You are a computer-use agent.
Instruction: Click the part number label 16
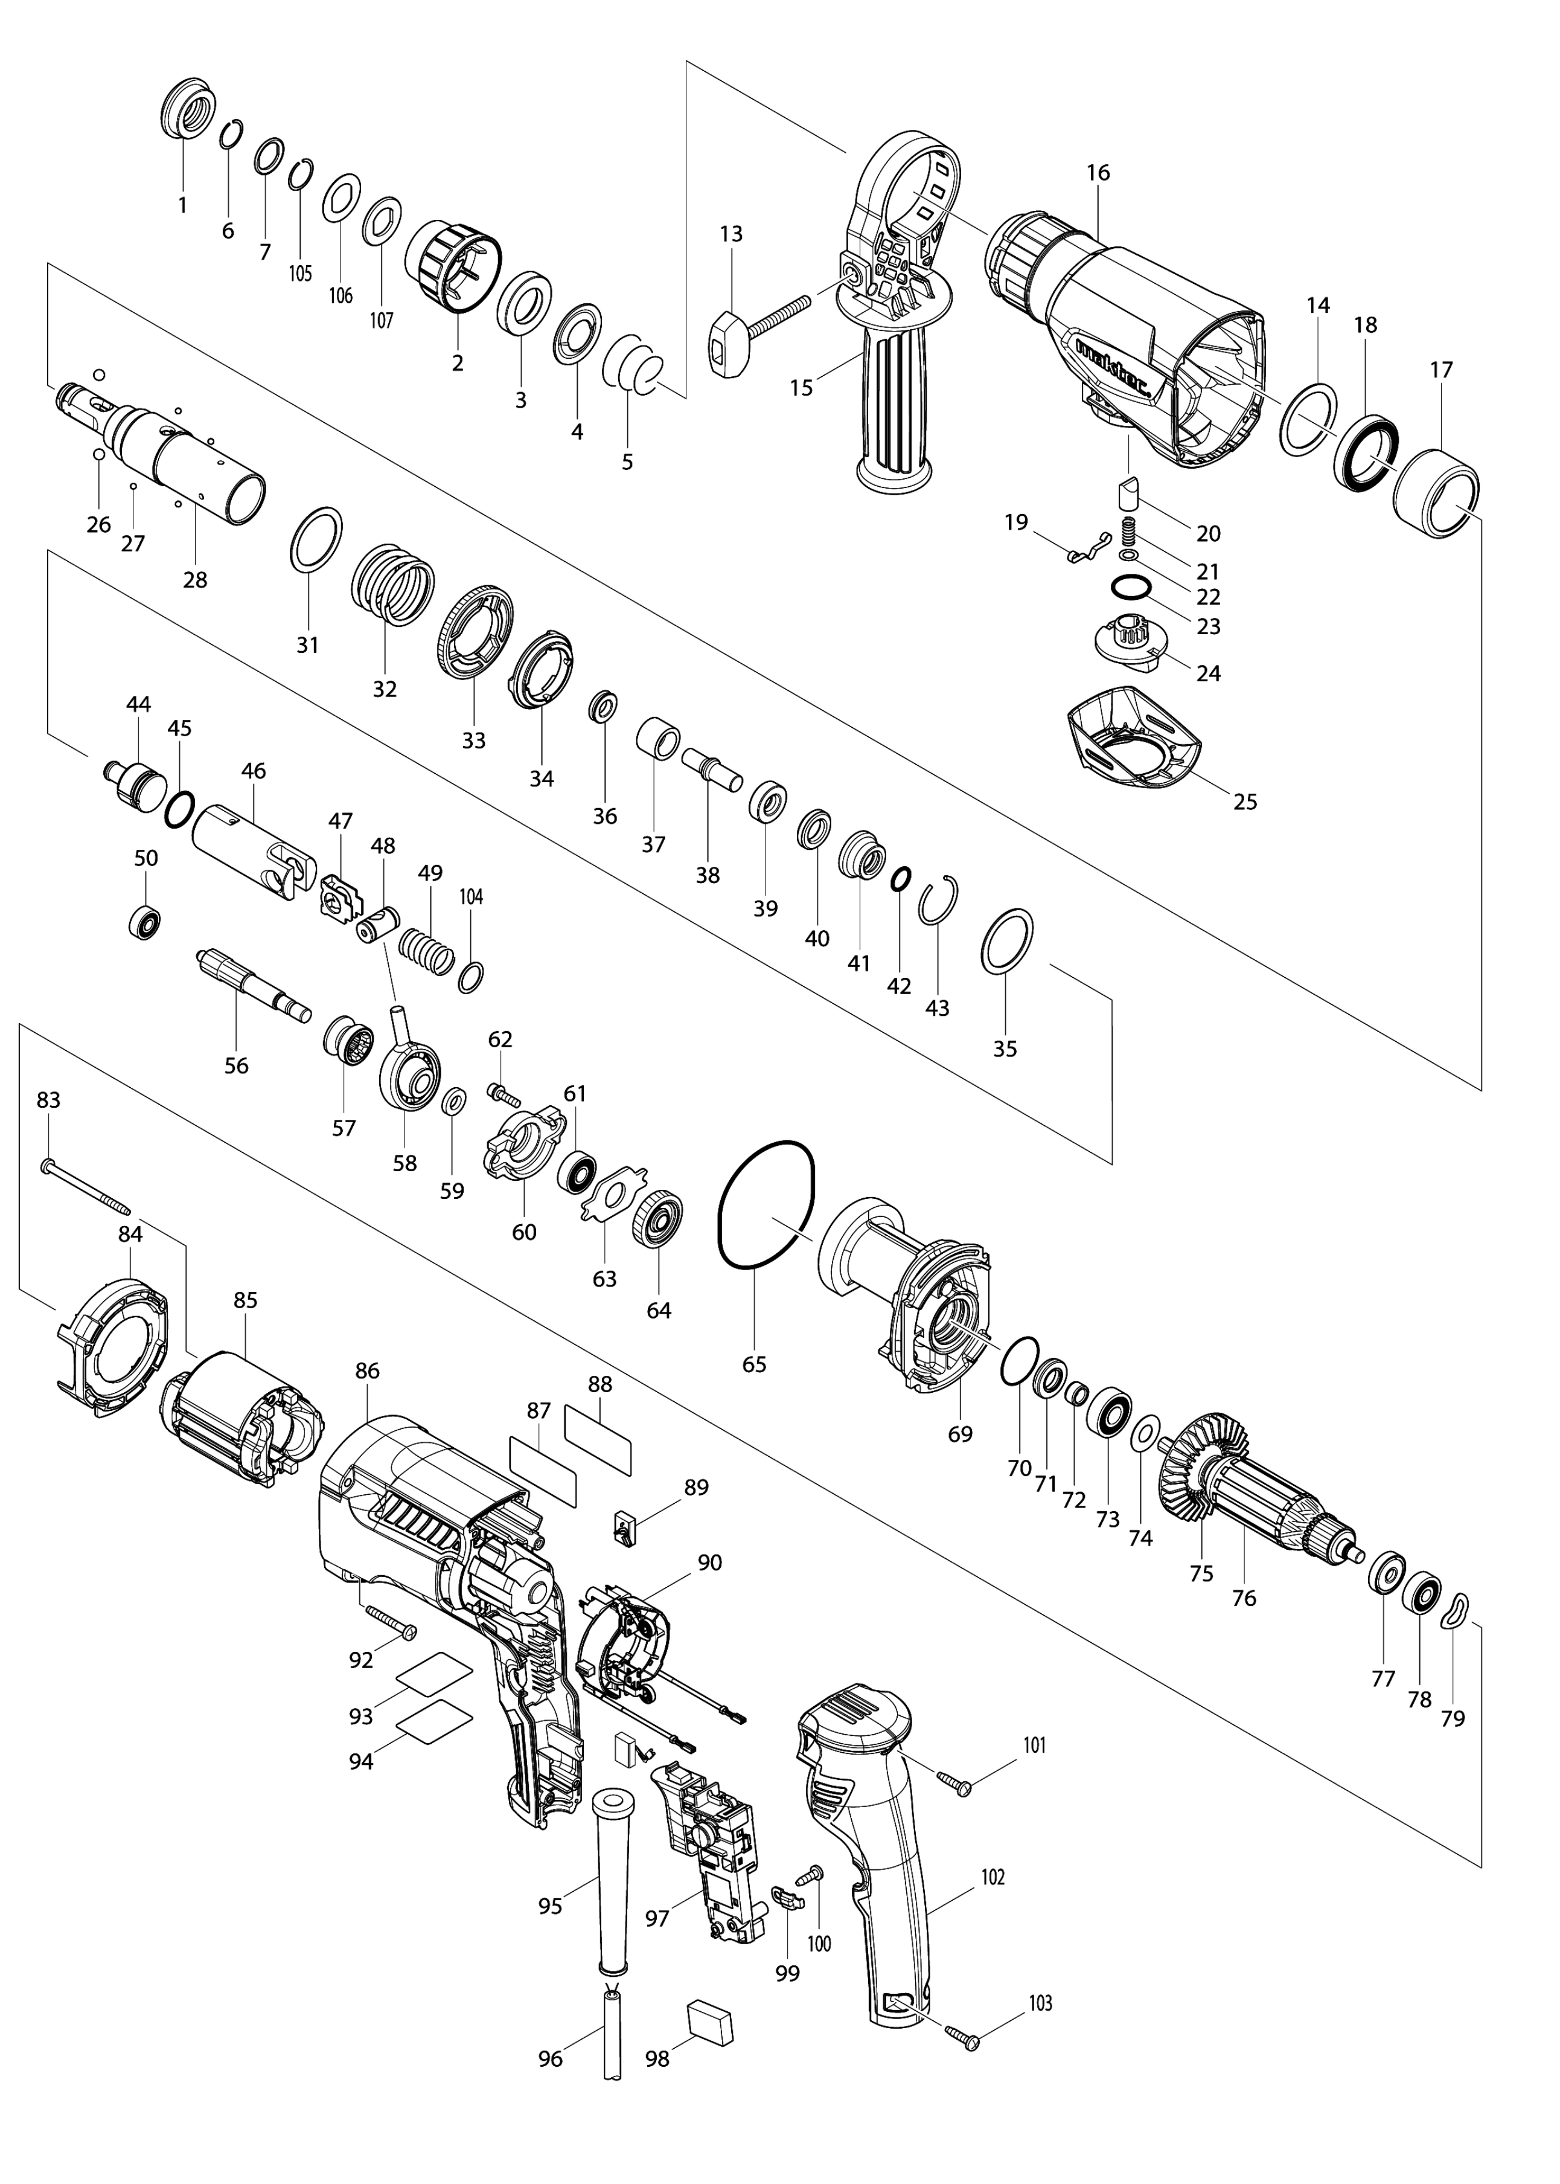1098,173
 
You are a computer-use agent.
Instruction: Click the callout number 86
367,1371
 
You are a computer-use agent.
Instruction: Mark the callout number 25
1245,801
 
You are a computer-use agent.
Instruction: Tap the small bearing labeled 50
144,922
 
